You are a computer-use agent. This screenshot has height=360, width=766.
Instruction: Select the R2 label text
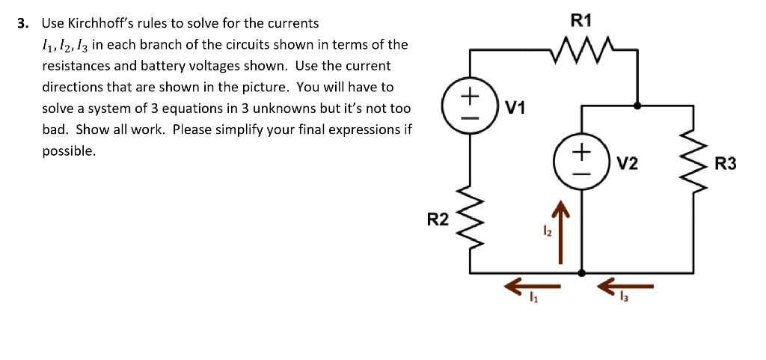438,219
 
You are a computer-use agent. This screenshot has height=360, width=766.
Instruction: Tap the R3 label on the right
726,163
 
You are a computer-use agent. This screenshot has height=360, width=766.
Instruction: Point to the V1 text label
516,109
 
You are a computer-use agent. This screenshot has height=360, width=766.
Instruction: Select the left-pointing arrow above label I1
533,286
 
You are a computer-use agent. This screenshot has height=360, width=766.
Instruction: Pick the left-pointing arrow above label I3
626,286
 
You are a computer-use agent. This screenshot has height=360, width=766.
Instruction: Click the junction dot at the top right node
637,106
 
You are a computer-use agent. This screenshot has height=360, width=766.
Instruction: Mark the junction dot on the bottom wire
583,272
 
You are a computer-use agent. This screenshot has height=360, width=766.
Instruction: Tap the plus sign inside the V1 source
470,97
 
